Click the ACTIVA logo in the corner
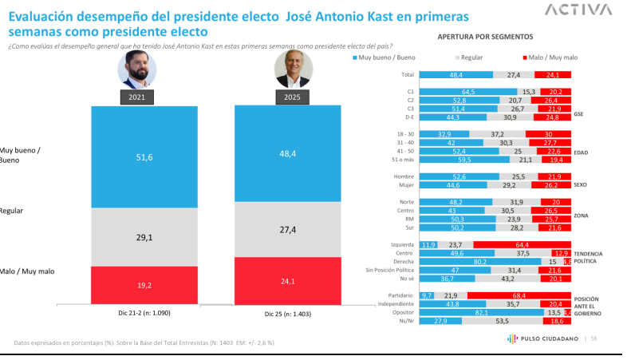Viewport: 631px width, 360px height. click(x=578, y=10)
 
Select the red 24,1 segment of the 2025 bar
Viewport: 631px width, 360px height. click(x=287, y=281)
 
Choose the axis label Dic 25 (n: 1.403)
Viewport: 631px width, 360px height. click(x=287, y=315)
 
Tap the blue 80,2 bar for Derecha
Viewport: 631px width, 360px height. click(x=478, y=261)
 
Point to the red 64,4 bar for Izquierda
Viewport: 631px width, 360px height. click(x=522, y=244)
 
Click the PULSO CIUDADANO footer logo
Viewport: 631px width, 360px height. click(x=542, y=338)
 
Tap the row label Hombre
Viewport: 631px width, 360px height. click(x=403, y=176)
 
